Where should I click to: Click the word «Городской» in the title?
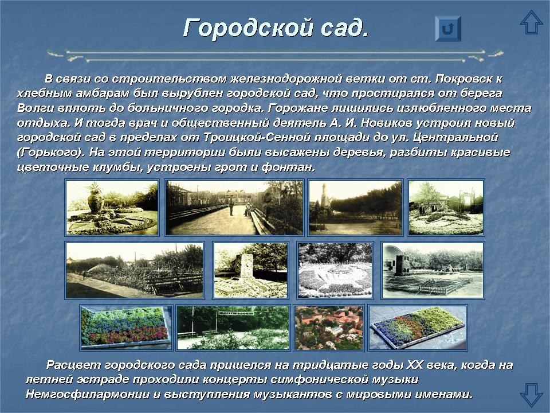coord(247,28)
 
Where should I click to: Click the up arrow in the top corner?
coord(532,22)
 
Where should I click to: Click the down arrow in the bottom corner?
coord(532,395)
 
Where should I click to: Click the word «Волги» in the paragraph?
coord(35,108)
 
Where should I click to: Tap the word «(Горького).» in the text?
coord(49,153)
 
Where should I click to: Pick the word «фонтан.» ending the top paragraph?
coord(288,167)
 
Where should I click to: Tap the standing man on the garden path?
coord(231,207)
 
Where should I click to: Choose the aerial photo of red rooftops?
coord(329,328)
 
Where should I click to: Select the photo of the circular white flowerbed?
coord(335,270)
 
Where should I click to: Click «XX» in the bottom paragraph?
coord(414,365)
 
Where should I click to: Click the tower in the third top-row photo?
coord(325,197)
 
